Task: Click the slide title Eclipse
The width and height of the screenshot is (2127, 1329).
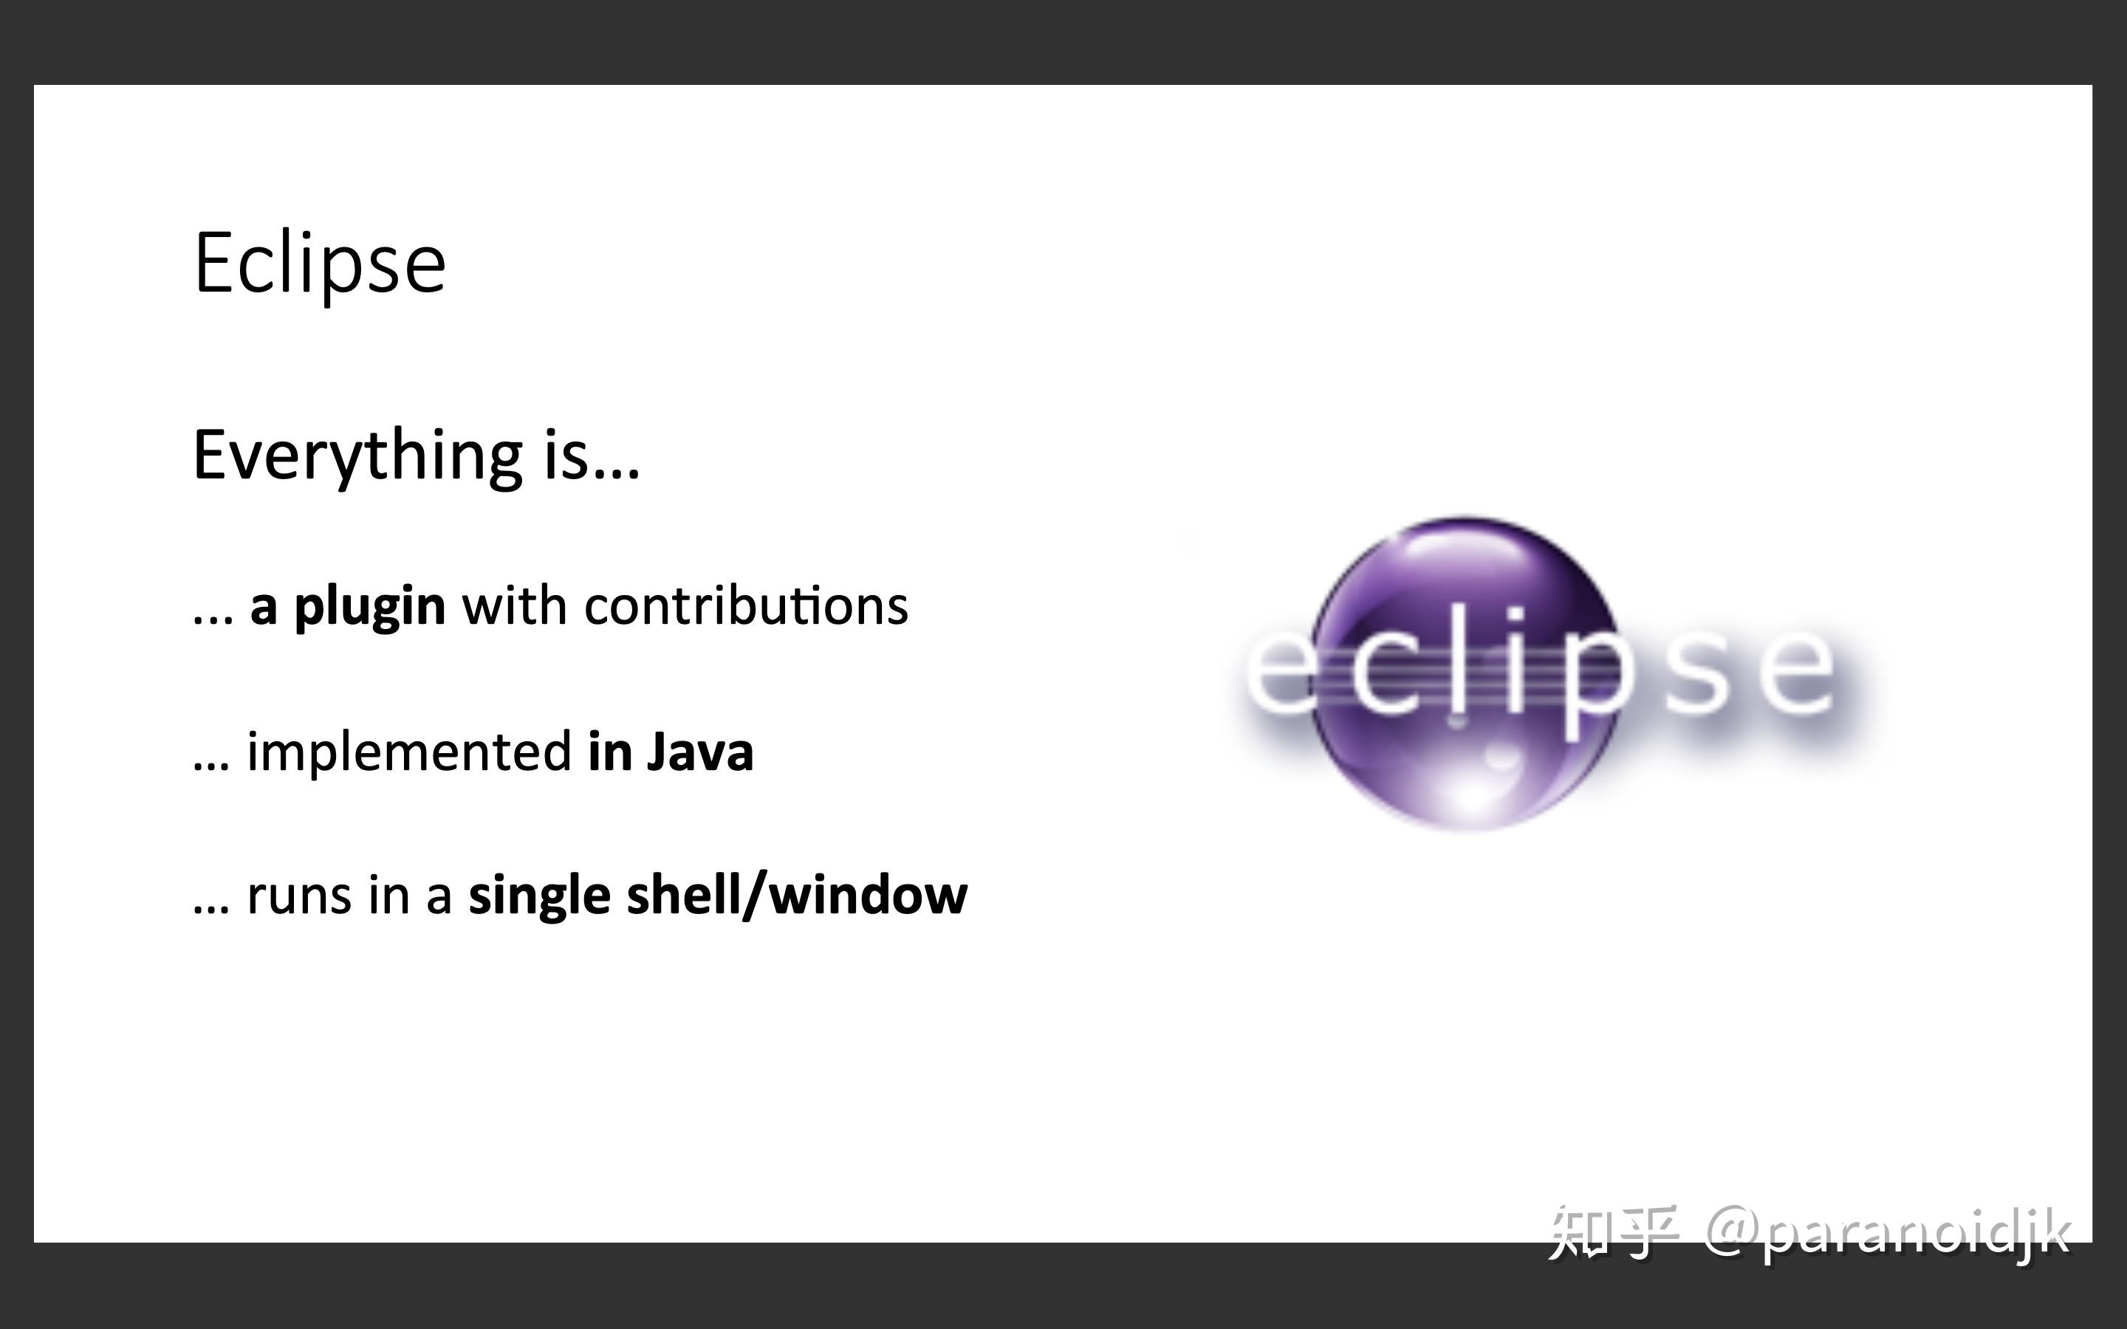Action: click(x=319, y=264)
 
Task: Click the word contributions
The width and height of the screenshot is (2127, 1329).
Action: click(x=745, y=606)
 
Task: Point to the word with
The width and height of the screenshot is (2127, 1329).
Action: click(x=514, y=606)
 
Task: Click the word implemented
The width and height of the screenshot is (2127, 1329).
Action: click(x=410, y=752)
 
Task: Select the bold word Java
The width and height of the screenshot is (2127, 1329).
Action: click(x=699, y=752)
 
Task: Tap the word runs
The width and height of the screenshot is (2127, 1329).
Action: click(x=298, y=896)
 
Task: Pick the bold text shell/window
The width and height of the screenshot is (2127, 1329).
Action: click(x=796, y=896)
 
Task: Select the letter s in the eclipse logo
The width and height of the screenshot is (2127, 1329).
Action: click(x=1697, y=673)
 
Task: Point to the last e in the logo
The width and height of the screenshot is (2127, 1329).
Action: click(x=1798, y=673)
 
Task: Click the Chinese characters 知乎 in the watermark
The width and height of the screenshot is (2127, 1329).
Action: click(x=1613, y=1232)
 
